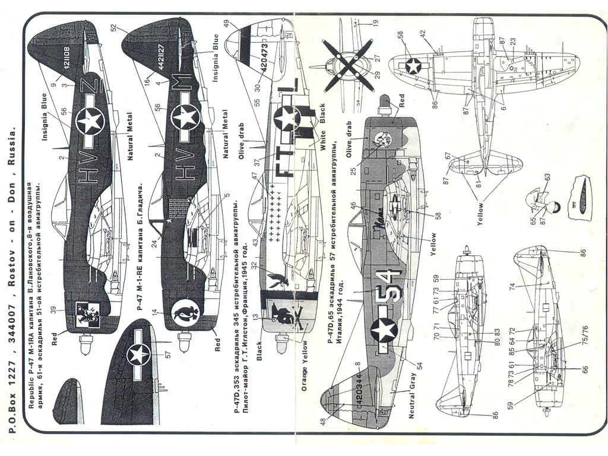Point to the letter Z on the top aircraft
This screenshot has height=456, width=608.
(90, 89)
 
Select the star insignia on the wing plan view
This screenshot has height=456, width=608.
(412, 65)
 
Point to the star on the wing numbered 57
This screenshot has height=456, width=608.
(140, 355)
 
